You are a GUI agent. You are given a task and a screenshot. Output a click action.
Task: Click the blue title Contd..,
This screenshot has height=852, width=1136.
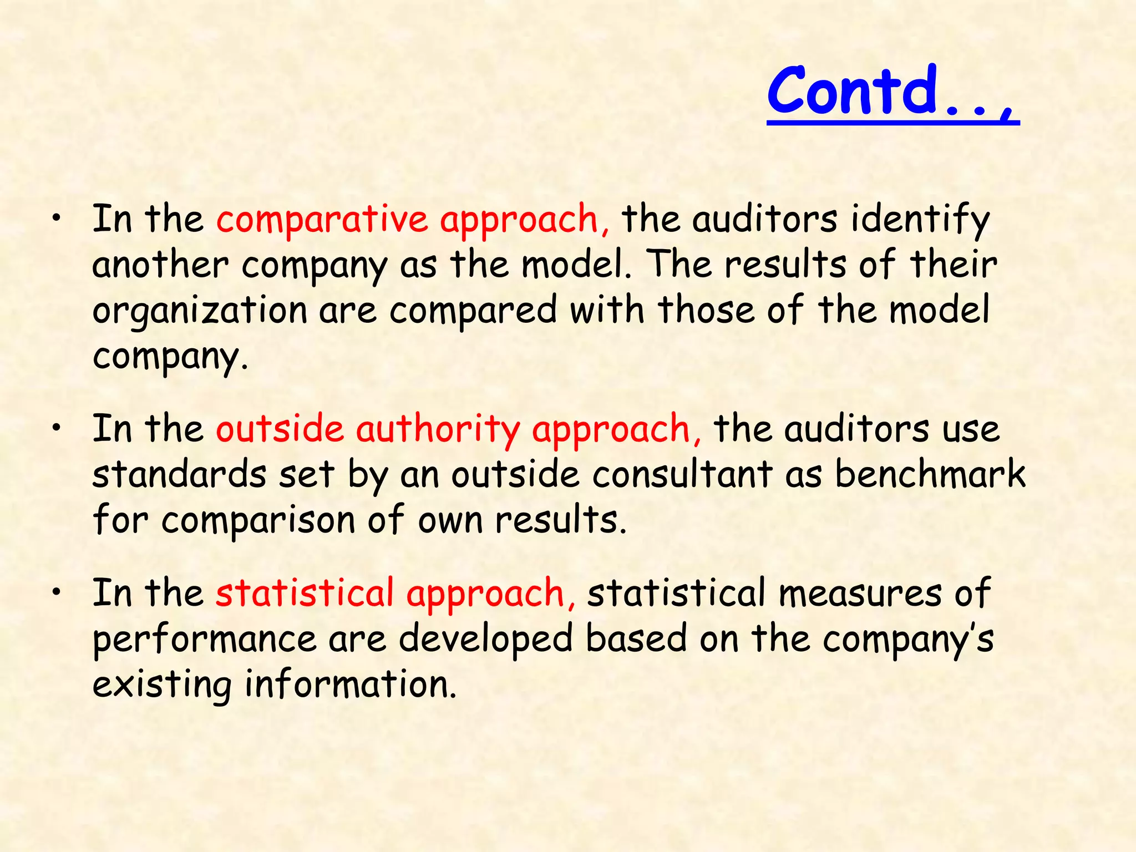click(x=892, y=92)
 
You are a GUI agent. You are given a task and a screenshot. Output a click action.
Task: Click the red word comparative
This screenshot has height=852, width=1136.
click(x=322, y=219)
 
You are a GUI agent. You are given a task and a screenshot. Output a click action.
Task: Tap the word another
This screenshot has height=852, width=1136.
click(x=160, y=265)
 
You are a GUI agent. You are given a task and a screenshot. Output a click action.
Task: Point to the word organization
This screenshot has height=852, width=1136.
click(x=200, y=311)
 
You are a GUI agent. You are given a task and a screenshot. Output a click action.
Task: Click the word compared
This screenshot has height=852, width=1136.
click(x=473, y=310)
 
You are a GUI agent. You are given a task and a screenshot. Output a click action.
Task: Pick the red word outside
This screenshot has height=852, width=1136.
click(x=280, y=429)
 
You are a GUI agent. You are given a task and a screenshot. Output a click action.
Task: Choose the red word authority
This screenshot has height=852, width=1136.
click(x=438, y=430)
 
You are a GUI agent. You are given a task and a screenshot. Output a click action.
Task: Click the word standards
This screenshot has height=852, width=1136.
click(x=179, y=475)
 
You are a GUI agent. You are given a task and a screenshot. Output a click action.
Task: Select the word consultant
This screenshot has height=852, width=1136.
click(x=682, y=475)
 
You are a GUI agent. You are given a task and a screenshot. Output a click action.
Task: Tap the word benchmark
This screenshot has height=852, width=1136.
click(x=930, y=475)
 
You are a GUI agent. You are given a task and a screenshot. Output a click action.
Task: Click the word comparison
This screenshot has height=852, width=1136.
click(x=258, y=521)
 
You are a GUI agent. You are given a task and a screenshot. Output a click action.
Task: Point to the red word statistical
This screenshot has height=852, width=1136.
click(x=305, y=592)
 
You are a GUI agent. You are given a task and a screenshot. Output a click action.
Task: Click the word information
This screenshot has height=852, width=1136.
click(x=351, y=684)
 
